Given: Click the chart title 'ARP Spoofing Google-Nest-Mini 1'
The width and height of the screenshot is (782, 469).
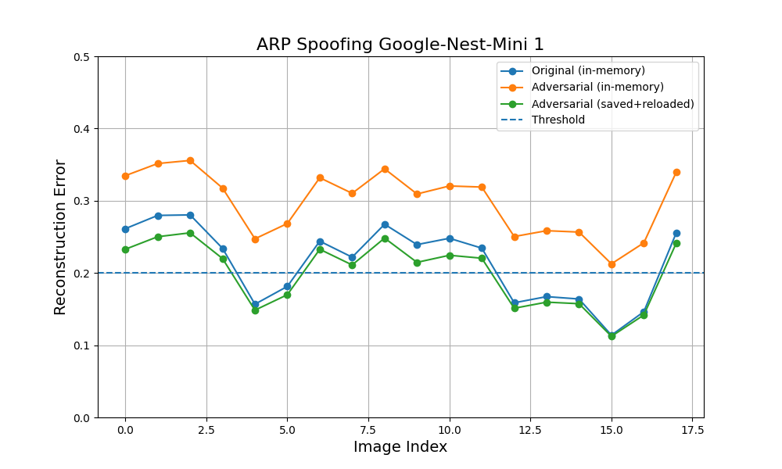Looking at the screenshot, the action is (x=400, y=45).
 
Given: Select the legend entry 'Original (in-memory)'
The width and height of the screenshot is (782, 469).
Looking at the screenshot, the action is (x=588, y=71).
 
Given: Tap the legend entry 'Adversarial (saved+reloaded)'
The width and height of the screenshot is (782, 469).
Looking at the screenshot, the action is (x=612, y=104).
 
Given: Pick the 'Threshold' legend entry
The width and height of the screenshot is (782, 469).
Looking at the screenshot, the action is (x=558, y=120).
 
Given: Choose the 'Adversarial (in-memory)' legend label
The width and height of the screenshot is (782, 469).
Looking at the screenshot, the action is (x=597, y=88).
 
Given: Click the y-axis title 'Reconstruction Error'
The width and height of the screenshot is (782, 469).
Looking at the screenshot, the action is (x=60, y=238).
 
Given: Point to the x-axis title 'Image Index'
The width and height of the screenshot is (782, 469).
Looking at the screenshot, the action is (x=400, y=446).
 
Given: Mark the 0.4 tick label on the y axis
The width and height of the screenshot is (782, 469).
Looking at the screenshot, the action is (x=82, y=129).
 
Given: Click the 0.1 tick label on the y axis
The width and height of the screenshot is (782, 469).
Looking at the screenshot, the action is (x=82, y=346).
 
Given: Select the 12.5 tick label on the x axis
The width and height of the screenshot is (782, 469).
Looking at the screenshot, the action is (x=531, y=430).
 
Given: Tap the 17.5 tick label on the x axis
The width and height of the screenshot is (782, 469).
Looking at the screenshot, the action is (x=693, y=430).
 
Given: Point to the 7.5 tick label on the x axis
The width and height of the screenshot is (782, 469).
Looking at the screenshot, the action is (x=368, y=430).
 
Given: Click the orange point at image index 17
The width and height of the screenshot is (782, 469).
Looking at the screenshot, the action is (x=676, y=173).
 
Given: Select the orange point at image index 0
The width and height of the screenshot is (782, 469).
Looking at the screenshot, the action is (x=125, y=176).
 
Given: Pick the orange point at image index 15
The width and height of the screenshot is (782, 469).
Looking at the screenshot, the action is (x=612, y=264).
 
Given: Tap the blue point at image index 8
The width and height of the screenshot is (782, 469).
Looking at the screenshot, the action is (x=385, y=225).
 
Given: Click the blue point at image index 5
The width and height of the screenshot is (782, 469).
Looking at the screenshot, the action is (x=287, y=287).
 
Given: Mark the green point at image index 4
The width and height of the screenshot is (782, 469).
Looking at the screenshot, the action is (x=256, y=310).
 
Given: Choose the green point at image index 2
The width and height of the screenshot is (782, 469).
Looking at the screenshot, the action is (x=190, y=233).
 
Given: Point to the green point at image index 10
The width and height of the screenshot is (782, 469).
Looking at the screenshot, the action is (x=450, y=256).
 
